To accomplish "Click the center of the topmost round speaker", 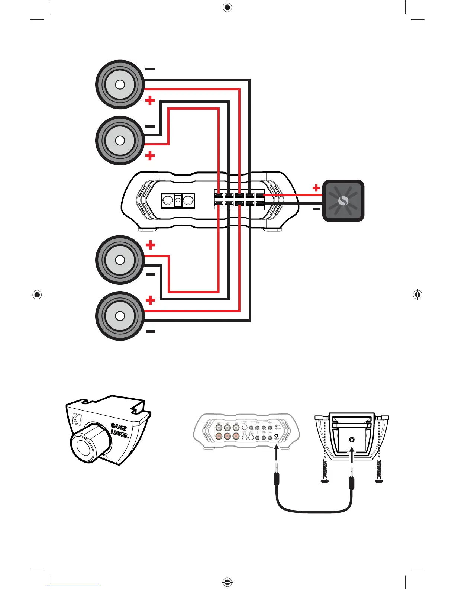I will click(120, 84).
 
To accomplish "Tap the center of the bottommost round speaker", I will click(120, 316).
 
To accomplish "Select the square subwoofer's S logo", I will click(343, 201).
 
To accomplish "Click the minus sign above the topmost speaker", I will click(150, 69).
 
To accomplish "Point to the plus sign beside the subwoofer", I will click(316, 188).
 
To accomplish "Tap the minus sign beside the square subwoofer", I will click(316, 209).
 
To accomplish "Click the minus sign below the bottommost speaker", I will click(150, 331).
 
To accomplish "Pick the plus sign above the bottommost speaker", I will click(150, 300).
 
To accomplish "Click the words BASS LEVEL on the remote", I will click(119, 431).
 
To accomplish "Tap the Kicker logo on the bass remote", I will click(77, 419).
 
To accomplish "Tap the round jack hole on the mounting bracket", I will click(352, 440).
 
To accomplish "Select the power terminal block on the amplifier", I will click(178, 201).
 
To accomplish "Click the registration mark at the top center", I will click(227, 7).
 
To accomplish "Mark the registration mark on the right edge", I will click(417, 295).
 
